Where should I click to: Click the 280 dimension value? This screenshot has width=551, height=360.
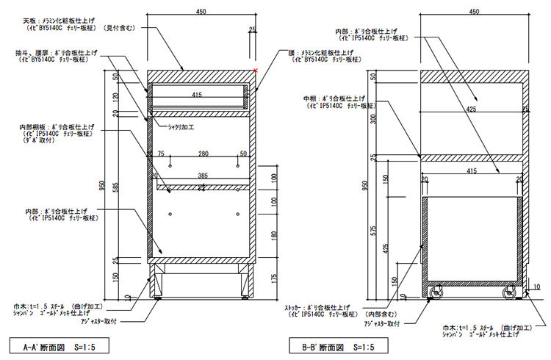click(203, 154)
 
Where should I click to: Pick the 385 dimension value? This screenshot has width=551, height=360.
click(202, 176)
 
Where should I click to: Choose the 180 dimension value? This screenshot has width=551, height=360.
click(274, 235)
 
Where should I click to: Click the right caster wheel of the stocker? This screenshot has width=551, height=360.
click(509, 293)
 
